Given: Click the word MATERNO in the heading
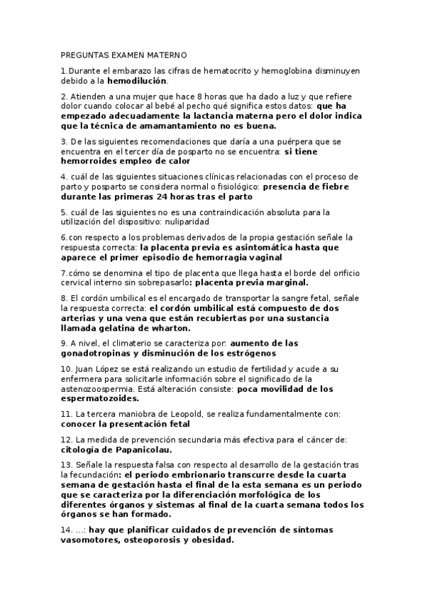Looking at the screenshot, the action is click(x=165, y=55).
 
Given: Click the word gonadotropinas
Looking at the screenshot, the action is click(x=96, y=353).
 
